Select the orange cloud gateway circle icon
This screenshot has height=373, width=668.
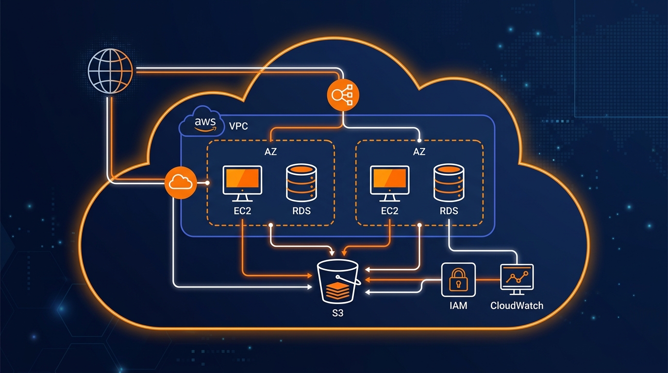pos(180,183)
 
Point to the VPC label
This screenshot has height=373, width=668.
pos(238,126)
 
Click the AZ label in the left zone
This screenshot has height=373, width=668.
pos(270,152)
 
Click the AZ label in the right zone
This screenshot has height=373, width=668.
pos(419,152)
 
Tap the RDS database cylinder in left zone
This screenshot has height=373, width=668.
pos(301,183)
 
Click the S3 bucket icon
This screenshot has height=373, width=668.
pos(338,282)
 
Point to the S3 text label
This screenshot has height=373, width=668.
pos(338,313)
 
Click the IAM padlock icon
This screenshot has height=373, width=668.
pos(458,280)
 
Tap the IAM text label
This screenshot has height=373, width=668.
pos(458,306)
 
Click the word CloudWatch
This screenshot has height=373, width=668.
pos(517,306)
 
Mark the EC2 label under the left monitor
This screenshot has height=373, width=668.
pos(242,211)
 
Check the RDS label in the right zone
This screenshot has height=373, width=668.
pos(449,211)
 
